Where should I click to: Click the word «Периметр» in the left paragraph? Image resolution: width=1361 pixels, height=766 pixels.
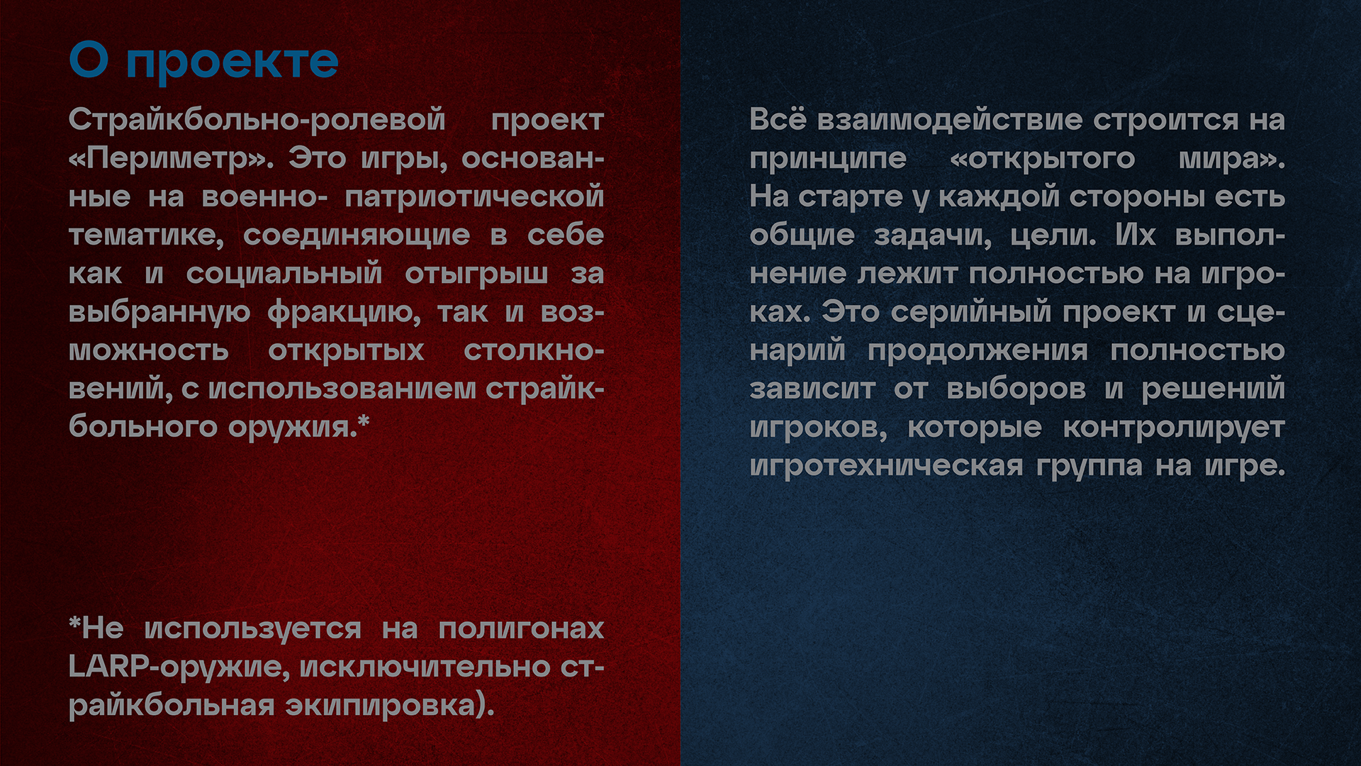[171, 158]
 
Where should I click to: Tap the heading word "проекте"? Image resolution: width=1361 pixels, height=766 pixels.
[233, 62]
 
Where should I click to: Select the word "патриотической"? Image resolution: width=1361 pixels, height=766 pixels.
[474, 197]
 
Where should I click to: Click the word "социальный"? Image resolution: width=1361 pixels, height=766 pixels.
[284, 274]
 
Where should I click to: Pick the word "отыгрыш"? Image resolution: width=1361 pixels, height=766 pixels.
[476, 274]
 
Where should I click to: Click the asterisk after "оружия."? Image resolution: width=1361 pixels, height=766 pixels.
[364, 421]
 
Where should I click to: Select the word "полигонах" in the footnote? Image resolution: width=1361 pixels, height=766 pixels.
[521, 628]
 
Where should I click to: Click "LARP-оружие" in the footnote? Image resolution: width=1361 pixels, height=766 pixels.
[179, 667]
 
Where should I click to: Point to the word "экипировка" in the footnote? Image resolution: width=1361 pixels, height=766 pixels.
[380, 706]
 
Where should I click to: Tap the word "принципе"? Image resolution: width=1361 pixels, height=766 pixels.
[828, 159]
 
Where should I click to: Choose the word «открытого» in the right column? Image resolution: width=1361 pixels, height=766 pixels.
[1042, 158]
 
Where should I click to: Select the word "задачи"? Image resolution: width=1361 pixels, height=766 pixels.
[933, 235]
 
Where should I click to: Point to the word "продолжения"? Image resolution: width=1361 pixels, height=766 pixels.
[978, 351]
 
